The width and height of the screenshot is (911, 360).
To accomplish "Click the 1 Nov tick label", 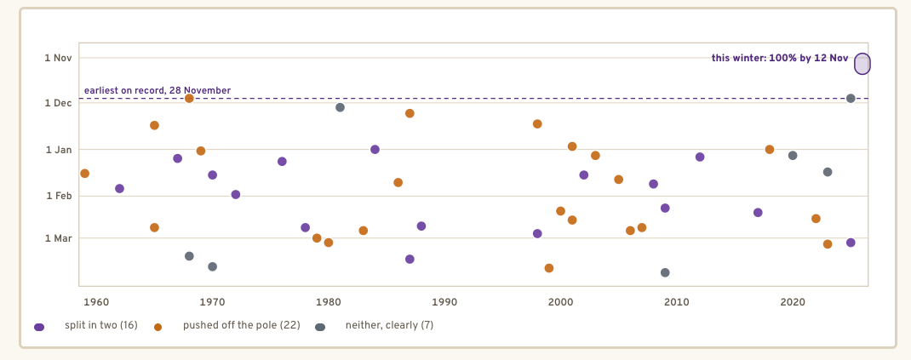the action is click(x=58, y=58).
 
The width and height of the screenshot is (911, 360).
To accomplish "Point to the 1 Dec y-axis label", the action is click(x=58, y=103).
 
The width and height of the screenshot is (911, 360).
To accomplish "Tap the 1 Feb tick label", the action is click(x=58, y=197).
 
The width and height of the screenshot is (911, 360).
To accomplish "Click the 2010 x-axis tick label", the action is click(x=677, y=302).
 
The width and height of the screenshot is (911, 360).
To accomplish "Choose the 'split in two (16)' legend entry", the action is click(x=86, y=326).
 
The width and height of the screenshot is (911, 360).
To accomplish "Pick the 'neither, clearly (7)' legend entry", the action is click(x=375, y=326).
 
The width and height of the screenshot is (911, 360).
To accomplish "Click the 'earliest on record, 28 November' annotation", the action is click(x=158, y=90).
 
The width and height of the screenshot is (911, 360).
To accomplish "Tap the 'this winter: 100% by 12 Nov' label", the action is click(x=780, y=58).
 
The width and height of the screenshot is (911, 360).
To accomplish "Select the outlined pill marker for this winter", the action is click(x=862, y=64).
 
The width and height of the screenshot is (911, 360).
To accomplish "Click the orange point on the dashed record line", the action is click(x=189, y=98).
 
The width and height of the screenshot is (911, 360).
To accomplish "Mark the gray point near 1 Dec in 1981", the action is click(x=340, y=107).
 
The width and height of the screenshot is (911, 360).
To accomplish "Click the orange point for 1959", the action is click(x=85, y=174).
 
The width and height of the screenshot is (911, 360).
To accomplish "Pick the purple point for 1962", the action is click(x=120, y=189).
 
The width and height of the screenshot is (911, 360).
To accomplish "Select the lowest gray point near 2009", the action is click(x=665, y=273).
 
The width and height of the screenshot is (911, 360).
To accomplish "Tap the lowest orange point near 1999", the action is click(x=549, y=268).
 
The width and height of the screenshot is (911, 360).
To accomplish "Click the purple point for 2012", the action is click(x=700, y=157).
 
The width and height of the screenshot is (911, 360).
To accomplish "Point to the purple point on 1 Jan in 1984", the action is click(x=375, y=150).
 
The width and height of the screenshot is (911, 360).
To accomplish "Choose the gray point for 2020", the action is click(x=793, y=156).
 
